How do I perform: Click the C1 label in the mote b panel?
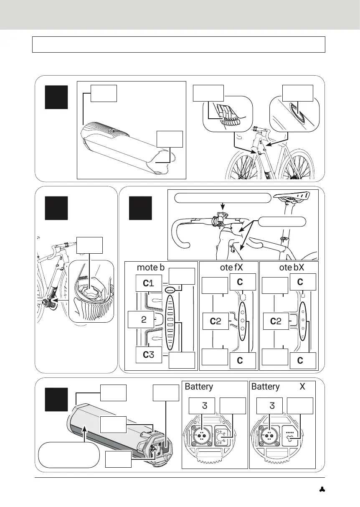(x=149, y=283)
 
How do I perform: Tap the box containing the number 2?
(x=143, y=320)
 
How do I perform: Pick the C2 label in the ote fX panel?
(x=215, y=321)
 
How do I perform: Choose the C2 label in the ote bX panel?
(x=275, y=321)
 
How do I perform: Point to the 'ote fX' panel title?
(x=228, y=268)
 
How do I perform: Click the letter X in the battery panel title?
(x=302, y=387)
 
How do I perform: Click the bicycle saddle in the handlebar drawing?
(x=292, y=196)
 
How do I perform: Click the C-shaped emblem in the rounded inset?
(x=297, y=113)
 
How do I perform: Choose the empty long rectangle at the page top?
(x=179, y=44)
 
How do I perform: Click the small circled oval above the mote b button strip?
(x=170, y=289)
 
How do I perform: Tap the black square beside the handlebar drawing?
(x=140, y=208)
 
